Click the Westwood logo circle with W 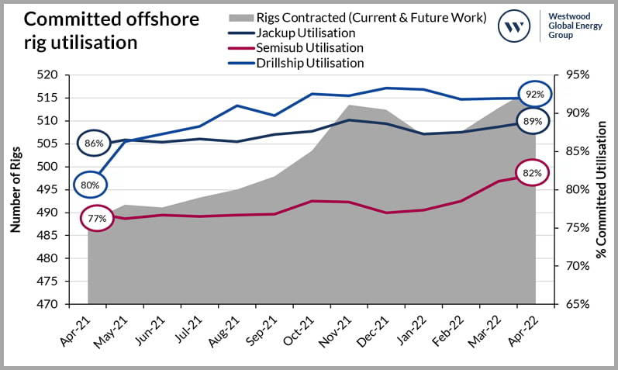coord(513,26)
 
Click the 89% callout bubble coord(532,121)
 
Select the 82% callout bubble coord(532,173)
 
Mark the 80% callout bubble coord(91,185)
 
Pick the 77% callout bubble coord(97,218)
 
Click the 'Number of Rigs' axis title coord(15,188)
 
